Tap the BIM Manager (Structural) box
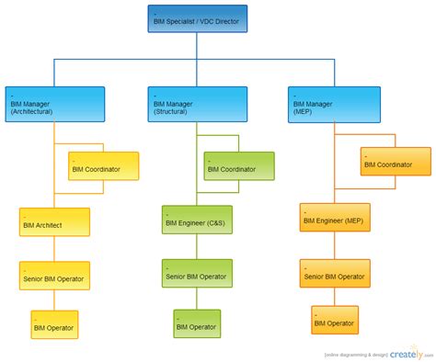click(198, 105)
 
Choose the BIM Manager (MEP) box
click(331, 105)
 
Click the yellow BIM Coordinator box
click(104, 166)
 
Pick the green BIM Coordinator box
click(239, 166)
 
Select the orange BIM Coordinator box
click(396, 162)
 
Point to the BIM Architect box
click(54, 222)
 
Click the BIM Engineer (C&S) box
click(197, 220)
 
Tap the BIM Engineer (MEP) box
click(335, 218)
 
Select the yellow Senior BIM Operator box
click(55, 276)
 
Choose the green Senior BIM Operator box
click(197, 273)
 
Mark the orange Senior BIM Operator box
click(335, 273)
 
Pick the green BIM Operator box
click(197, 323)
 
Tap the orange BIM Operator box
click(335, 320)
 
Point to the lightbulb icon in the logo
click(421, 350)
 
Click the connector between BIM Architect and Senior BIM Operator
click(54, 249)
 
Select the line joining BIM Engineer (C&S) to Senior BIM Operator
click(197, 246)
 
